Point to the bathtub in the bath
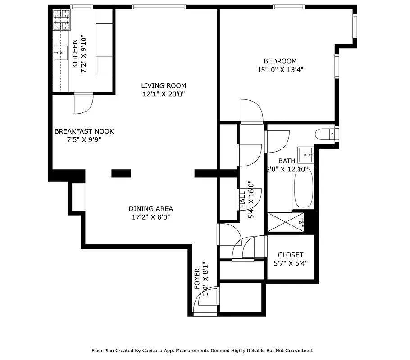(303, 189)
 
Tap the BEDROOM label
(280, 61)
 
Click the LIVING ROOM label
(163, 85)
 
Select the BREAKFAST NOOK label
(84, 131)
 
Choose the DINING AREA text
(150, 209)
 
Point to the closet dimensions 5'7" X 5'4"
(291, 264)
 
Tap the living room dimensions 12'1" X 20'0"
(163, 94)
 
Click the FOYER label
(197, 279)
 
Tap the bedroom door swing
(251, 112)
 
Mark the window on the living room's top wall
(159, 7)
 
